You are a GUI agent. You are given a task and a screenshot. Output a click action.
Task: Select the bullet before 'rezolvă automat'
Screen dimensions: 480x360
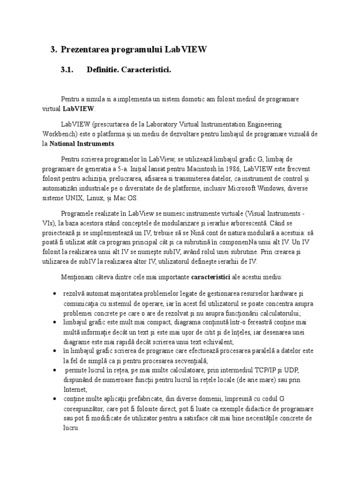56,294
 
